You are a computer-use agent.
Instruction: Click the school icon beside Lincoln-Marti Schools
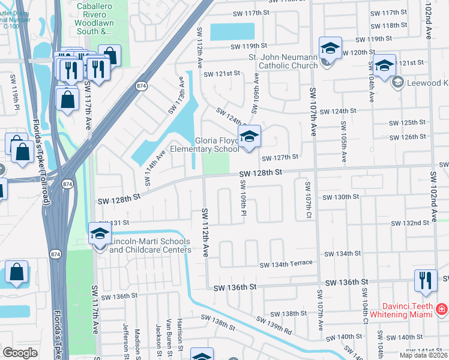[100, 235]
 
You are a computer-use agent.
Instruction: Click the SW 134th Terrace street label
[286, 264]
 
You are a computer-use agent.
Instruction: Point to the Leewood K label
[427, 83]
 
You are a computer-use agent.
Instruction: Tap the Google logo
[20, 353]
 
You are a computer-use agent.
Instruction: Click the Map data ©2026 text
[423, 355]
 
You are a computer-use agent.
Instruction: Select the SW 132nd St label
[410, 223]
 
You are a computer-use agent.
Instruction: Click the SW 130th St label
[340, 197]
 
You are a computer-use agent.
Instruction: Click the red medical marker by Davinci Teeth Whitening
[442, 310]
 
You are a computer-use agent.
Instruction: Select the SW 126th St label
[408, 137]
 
